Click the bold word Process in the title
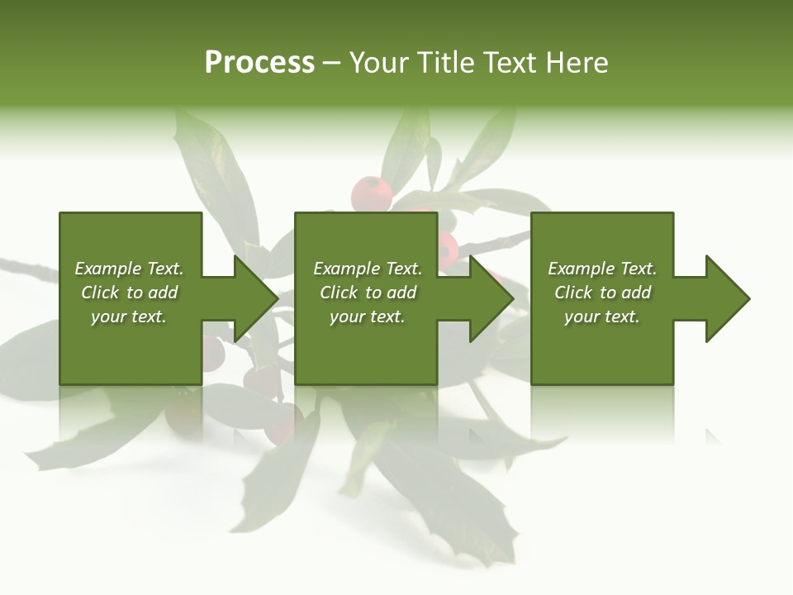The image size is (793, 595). [259, 63]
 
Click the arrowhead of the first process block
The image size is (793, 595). [256, 298]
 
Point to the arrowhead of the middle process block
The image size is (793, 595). [492, 298]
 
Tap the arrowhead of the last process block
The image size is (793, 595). [728, 298]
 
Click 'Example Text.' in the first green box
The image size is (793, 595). [129, 269]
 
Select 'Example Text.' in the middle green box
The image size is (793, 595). [368, 269]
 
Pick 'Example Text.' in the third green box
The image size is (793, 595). [602, 269]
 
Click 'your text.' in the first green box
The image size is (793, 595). [129, 317]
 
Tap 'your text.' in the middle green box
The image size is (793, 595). [368, 317]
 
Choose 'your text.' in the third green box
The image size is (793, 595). [602, 317]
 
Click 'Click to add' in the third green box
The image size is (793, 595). [602, 293]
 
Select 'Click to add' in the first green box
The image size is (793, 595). [129, 293]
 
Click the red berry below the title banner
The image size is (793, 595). [371, 194]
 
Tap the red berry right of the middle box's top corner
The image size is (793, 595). [448, 247]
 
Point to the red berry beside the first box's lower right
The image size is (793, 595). [213, 353]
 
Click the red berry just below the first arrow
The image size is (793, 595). [264, 379]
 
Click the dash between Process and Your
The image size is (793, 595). [331, 64]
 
